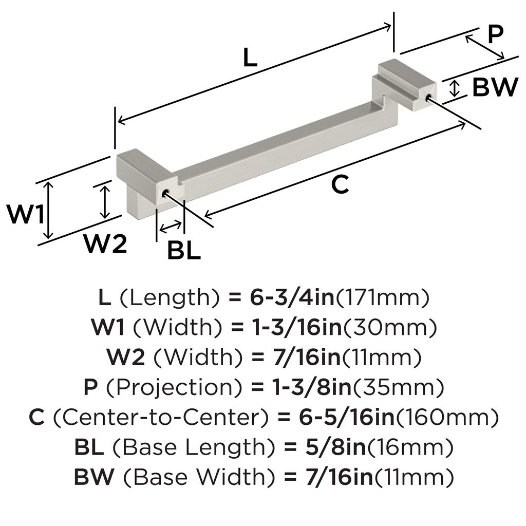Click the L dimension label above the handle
pyautogui.click(x=250, y=58)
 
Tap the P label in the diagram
pyautogui.click(x=494, y=35)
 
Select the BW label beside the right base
pyautogui.click(x=495, y=87)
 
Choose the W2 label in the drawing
pyautogui.click(x=105, y=245)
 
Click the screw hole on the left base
pyautogui.click(x=165, y=193)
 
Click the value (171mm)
pyautogui.click(x=382, y=297)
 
